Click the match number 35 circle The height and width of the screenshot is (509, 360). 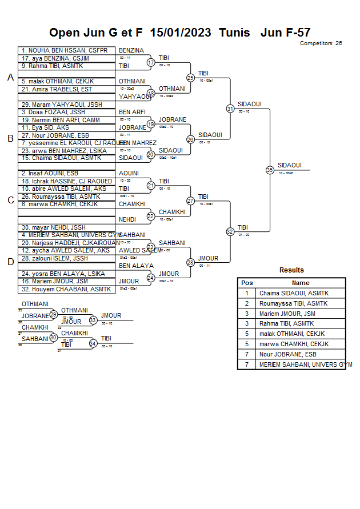(x=270, y=170)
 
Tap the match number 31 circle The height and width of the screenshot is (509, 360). (x=230, y=108)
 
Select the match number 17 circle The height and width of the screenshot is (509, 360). (x=151, y=62)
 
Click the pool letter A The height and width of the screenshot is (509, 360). (x=10, y=78)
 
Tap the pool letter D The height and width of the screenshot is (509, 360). (x=10, y=262)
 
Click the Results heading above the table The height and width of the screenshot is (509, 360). (x=291, y=270)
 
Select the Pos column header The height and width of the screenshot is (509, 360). (x=247, y=283)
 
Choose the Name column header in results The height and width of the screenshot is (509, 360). (x=301, y=283)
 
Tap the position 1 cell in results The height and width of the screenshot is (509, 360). (x=247, y=293)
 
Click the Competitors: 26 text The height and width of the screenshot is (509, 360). (x=321, y=43)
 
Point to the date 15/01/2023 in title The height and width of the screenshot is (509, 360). (x=181, y=33)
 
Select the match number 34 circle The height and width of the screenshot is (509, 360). (x=93, y=343)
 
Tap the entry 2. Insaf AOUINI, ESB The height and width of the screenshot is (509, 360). (x=50, y=173)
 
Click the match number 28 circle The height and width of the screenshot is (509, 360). (x=190, y=262)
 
